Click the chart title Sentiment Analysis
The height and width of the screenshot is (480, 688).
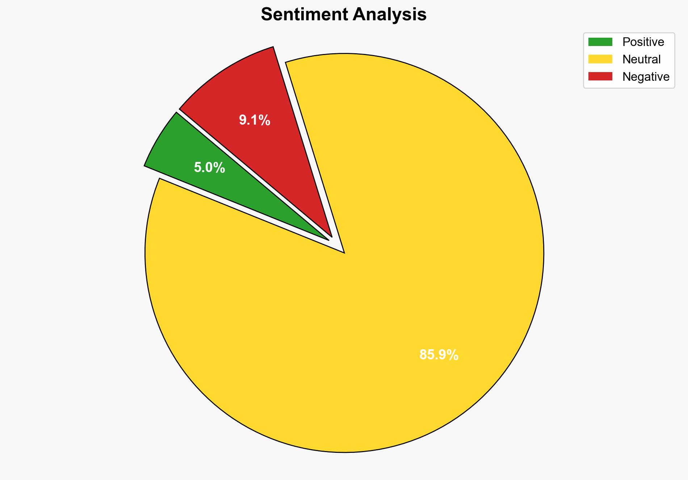(x=344, y=15)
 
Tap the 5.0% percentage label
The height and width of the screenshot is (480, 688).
(x=209, y=168)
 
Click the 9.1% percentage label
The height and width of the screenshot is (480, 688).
(x=255, y=120)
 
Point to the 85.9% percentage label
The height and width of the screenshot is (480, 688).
(x=439, y=355)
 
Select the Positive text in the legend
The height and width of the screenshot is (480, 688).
(x=643, y=42)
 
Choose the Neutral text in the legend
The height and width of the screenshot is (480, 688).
(x=641, y=59)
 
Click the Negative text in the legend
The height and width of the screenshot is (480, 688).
(x=646, y=77)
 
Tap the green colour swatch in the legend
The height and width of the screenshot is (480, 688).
(x=600, y=42)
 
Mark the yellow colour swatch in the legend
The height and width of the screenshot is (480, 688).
(x=600, y=59)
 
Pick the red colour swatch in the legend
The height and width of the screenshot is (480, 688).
(x=600, y=76)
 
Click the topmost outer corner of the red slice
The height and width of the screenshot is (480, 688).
(x=273, y=47)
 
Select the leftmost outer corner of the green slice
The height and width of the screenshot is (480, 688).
(x=145, y=166)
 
